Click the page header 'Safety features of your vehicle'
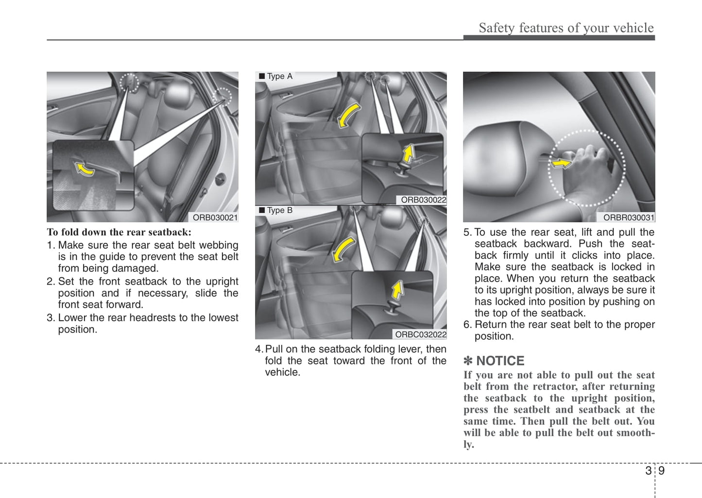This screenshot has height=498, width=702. (566, 28)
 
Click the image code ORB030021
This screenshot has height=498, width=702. (215, 217)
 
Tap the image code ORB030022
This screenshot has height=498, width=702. (423, 199)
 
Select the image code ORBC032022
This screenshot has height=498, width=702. (420, 334)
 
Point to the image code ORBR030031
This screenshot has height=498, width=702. (629, 217)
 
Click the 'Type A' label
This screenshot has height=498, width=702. (279, 76)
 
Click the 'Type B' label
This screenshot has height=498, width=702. (279, 210)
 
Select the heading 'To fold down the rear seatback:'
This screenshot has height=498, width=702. (119, 232)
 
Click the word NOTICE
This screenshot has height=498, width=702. (500, 361)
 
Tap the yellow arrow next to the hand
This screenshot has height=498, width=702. (561, 164)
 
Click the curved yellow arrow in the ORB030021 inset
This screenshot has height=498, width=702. (84, 169)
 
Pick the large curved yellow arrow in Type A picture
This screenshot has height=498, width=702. (349, 116)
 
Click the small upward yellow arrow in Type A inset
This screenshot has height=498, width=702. (409, 153)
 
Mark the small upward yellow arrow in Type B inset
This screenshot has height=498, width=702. (398, 290)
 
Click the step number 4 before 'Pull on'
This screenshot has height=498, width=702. (258, 349)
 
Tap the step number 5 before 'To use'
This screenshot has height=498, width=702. (467, 232)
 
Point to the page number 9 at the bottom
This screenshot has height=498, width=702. (661, 470)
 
